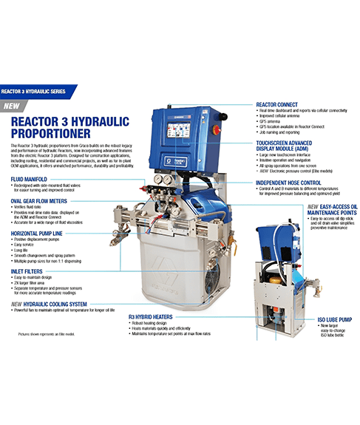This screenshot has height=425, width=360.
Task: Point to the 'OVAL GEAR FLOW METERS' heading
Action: pyautogui.click(x=42, y=200)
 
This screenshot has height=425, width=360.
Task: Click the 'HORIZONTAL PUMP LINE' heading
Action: pyautogui.click(x=42, y=234)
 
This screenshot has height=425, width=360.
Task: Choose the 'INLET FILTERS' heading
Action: pyautogui.click(x=29, y=271)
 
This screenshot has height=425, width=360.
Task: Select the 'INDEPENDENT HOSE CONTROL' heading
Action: pyautogui.click(x=293, y=182)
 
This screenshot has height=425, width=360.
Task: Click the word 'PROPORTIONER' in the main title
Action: pyautogui.click(x=52, y=134)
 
